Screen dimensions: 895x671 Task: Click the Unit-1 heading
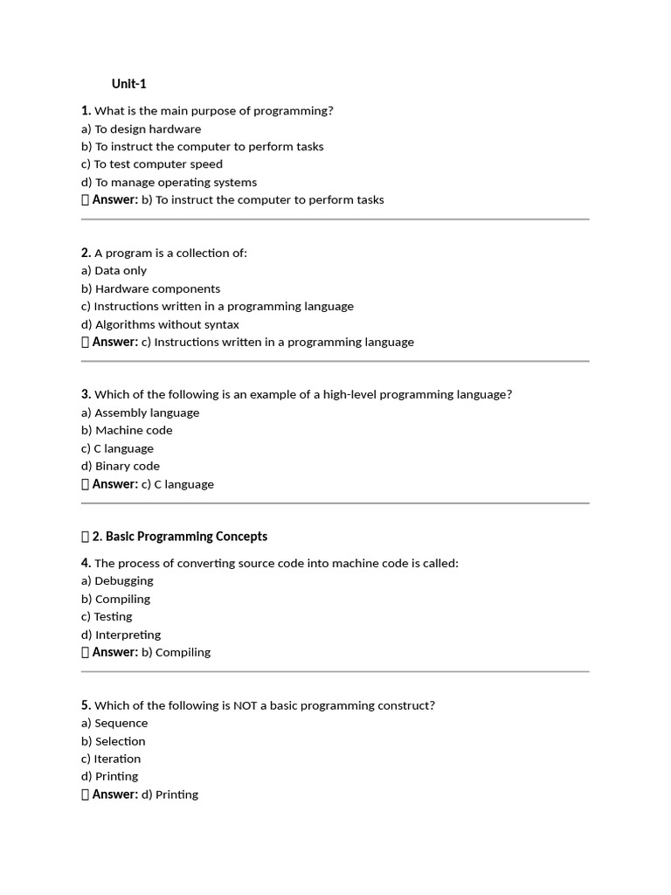128,84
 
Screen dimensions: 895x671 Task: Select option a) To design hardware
141,128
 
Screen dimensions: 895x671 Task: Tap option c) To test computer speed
152,164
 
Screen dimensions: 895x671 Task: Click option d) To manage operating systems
169,182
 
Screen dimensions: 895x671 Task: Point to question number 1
86,110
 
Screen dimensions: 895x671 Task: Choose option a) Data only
114,271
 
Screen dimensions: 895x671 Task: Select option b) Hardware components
150,288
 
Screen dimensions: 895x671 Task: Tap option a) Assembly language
140,413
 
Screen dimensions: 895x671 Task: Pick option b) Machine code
127,430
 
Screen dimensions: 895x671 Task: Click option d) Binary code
121,466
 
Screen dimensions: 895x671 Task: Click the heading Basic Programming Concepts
186,537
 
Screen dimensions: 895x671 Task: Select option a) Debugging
117,580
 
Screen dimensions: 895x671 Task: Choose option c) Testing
107,616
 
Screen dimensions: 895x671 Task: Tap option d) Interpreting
121,635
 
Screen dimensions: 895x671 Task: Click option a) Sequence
114,723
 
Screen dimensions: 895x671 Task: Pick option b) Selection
114,741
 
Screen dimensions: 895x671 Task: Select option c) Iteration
111,759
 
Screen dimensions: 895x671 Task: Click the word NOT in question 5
245,705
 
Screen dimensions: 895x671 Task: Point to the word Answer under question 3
114,484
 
